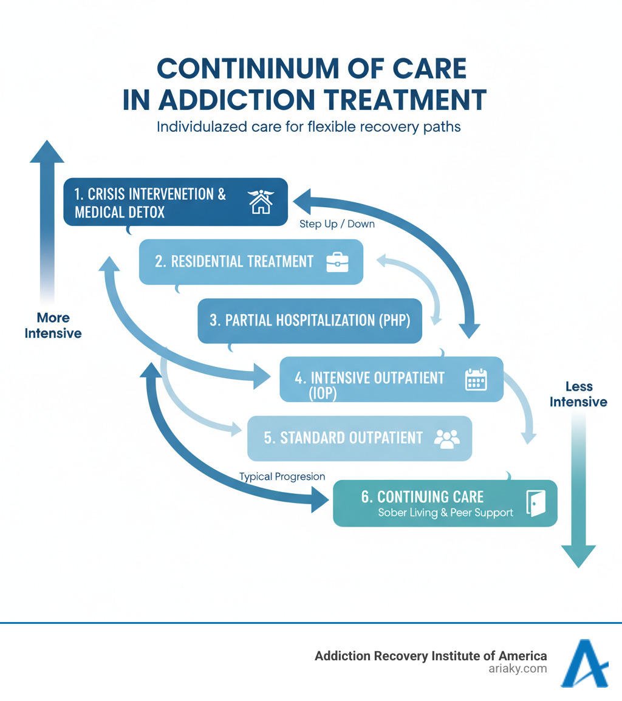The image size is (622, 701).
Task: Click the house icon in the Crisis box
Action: [x=261, y=202]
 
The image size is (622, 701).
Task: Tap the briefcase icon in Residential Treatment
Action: [x=337, y=262]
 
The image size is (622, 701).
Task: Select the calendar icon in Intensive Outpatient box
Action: [x=476, y=379]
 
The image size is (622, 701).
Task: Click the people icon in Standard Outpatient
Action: [x=447, y=438]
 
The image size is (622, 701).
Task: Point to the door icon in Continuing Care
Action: [x=536, y=503]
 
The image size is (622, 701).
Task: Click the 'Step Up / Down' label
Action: [x=337, y=224]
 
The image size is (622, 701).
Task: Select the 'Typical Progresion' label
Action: [x=282, y=477]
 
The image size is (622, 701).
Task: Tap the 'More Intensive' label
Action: [x=53, y=325]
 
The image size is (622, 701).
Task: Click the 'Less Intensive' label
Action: [x=578, y=394]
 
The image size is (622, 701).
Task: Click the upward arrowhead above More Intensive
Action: [x=47, y=152]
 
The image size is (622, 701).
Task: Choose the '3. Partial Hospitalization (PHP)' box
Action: [x=310, y=320]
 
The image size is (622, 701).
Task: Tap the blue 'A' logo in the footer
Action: [x=583, y=663]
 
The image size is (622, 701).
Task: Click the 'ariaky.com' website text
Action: [x=518, y=669]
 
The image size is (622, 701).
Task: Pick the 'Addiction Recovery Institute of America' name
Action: [x=431, y=655]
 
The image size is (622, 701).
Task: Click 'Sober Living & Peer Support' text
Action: [x=445, y=513]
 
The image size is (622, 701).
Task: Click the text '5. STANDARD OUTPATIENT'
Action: [x=343, y=438]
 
